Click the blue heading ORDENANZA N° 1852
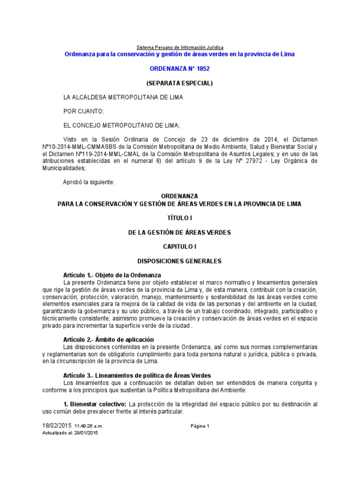coord(180,68)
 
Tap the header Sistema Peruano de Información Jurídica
coord(180,47)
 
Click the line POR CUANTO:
coord(84,111)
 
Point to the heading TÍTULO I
coord(180,218)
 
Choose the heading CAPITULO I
coord(180,246)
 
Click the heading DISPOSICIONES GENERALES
coord(180,261)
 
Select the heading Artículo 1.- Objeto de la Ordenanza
coord(112,275)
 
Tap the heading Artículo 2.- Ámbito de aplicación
coord(109,339)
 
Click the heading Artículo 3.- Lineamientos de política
coord(137,375)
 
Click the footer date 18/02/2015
coord(57,426)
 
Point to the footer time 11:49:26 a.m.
coord(88,426)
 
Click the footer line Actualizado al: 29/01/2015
coord(70,433)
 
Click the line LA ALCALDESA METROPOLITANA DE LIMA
coord(123,97)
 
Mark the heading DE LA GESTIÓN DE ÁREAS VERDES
coord(180,232)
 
